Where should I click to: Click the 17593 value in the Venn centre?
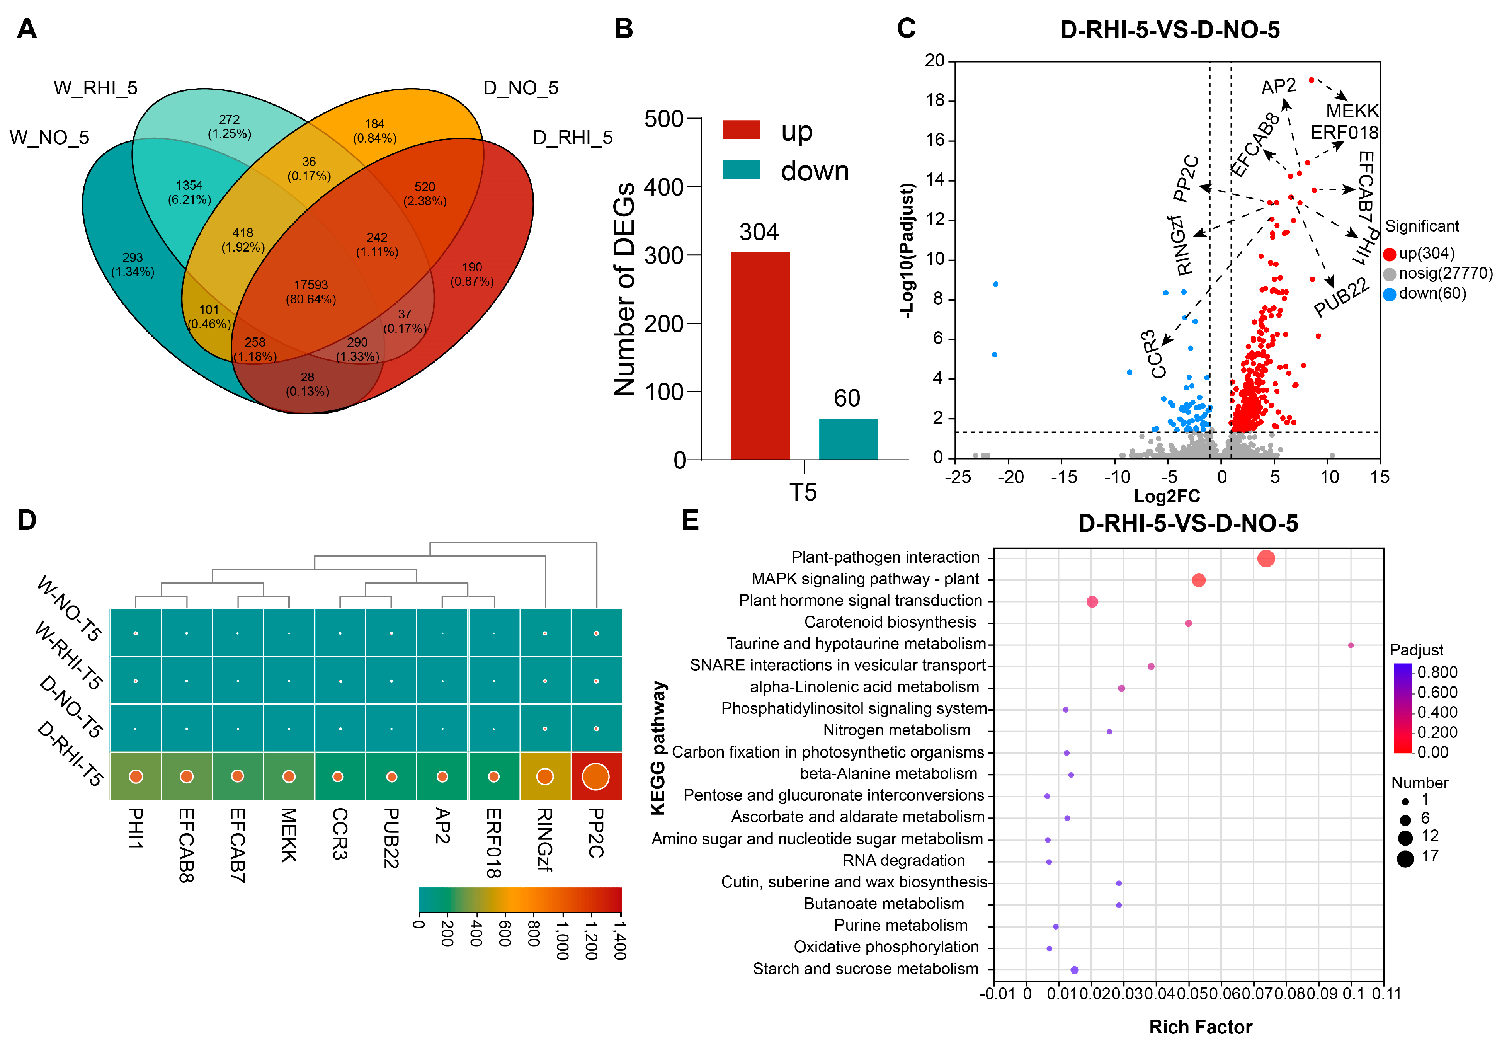click(x=311, y=285)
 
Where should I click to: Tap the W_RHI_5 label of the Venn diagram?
click(x=95, y=88)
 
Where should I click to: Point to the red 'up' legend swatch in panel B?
click(x=741, y=129)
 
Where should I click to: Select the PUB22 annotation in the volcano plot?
click(x=1341, y=296)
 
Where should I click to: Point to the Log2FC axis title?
click(x=1167, y=496)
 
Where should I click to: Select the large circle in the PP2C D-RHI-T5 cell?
click(x=595, y=777)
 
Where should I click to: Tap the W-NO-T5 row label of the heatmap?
click(x=69, y=609)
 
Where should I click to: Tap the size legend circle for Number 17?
click(x=1405, y=858)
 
